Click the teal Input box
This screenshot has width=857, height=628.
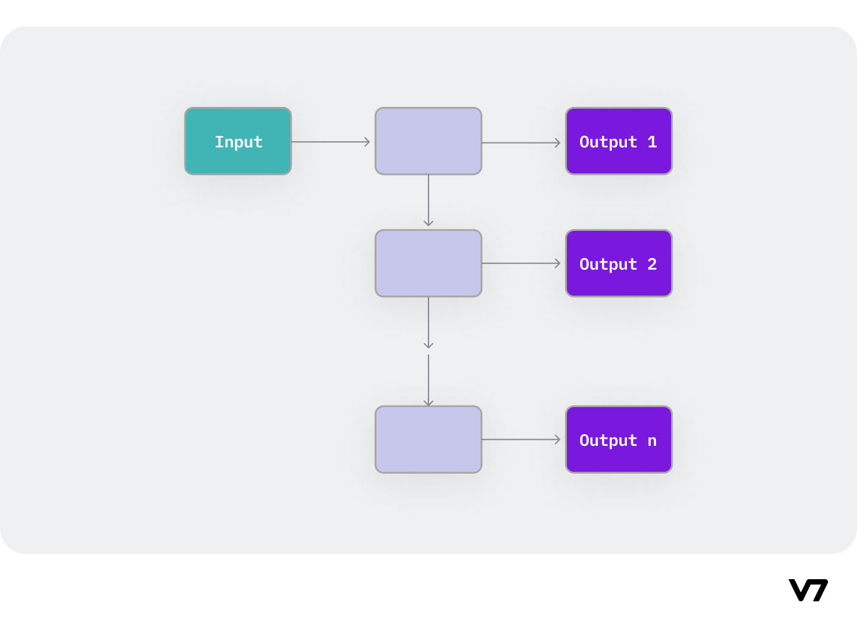pos(238,141)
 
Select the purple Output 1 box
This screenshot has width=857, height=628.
pos(618,141)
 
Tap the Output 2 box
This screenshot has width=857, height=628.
pos(618,263)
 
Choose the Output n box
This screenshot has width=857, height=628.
pos(618,439)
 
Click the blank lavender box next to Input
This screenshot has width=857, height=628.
pos(428,141)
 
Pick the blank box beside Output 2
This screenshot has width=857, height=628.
pos(428,263)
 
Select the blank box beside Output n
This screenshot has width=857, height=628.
pos(428,439)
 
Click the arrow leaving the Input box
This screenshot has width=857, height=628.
pos(330,142)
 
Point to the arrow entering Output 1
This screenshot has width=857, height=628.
pos(521,142)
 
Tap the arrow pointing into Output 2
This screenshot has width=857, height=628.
pos(521,263)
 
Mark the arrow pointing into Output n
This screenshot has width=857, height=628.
pos(521,439)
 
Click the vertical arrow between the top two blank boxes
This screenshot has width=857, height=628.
pos(428,201)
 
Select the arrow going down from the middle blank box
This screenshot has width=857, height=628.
pos(428,323)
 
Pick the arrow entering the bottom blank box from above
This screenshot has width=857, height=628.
pos(428,381)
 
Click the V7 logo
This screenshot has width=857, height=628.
pos(808,590)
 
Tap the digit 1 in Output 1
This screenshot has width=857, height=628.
pos(652,142)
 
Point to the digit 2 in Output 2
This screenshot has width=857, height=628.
pos(652,264)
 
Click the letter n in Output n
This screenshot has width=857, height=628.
pos(652,441)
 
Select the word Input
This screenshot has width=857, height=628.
pos(239,142)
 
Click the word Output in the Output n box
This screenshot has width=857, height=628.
pos(608,441)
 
